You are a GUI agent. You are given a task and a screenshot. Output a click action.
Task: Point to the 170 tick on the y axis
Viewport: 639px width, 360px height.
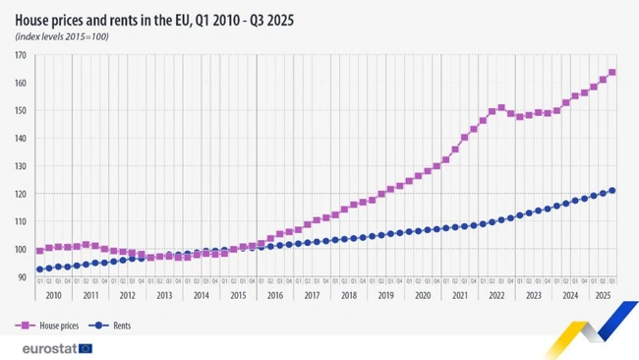[x=21, y=55]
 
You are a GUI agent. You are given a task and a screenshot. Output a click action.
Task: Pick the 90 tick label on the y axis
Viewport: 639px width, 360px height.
[x=22, y=277]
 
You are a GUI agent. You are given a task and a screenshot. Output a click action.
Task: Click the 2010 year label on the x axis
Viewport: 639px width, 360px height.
[x=53, y=295]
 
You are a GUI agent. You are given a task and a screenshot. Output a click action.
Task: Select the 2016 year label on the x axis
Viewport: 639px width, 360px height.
[x=274, y=295]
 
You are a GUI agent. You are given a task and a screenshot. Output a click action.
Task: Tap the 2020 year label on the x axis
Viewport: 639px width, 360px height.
[x=422, y=295]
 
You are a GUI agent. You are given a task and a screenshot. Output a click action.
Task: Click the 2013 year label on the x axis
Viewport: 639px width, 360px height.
[x=164, y=295]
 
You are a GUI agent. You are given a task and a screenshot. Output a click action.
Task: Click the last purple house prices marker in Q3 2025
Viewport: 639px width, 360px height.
[x=611, y=72]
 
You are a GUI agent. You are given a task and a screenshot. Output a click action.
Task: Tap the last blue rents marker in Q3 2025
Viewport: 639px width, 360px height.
[x=611, y=191]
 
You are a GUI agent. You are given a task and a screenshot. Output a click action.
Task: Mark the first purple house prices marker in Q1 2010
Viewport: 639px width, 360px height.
[x=39, y=251]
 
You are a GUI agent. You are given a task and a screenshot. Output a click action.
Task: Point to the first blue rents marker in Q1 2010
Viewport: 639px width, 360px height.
[x=39, y=269]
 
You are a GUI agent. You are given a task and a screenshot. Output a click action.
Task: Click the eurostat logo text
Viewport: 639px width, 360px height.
[x=48, y=347]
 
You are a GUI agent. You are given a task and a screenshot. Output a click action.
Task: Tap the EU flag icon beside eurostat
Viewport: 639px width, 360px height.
[x=86, y=347]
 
